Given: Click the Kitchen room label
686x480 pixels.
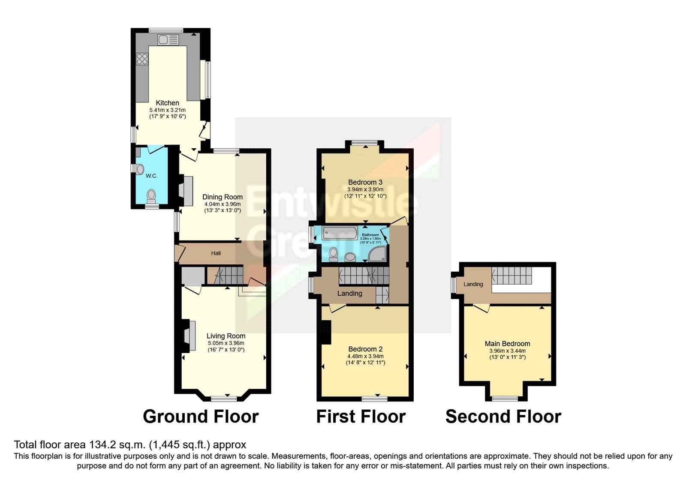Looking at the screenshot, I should click(x=167, y=103).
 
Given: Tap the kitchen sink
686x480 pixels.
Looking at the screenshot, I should click(x=168, y=40).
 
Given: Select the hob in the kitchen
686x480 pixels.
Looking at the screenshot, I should click(x=142, y=59).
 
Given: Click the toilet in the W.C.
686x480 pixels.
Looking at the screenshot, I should click(x=151, y=196).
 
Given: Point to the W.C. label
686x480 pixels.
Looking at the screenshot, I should click(x=151, y=176).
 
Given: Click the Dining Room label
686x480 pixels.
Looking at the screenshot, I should click(x=222, y=197).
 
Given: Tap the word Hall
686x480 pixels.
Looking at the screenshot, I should click(x=216, y=253).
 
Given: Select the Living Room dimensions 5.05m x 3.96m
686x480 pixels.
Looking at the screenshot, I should click(x=226, y=343).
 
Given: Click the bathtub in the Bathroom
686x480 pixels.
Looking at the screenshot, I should click(x=340, y=233).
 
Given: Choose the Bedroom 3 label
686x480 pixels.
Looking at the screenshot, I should click(x=365, y=182).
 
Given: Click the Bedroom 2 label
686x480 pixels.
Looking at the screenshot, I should click(x=365, y=349).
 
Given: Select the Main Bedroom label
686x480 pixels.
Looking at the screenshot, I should click(x=507, y=343).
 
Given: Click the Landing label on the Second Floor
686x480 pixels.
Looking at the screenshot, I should click(x=473, y=284).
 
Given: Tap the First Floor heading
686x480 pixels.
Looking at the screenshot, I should click(x=361, y=417).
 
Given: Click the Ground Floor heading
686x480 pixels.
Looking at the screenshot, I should click(x=201, y=417).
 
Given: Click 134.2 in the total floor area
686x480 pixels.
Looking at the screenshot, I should click(x=101, y=444).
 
